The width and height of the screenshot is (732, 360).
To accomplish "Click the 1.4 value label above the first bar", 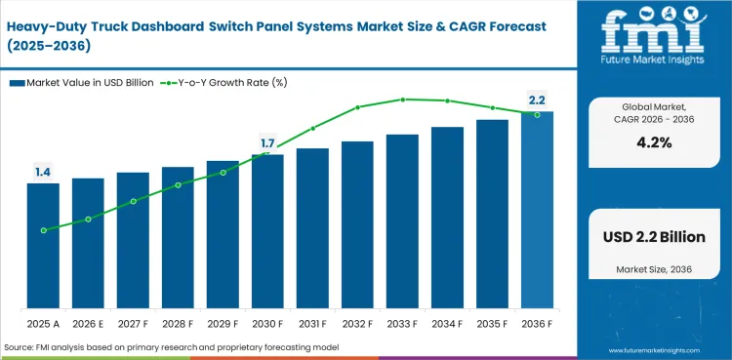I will (43, 173).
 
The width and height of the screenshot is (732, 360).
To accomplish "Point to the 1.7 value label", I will (267, 143).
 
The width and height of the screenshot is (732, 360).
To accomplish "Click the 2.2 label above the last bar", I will (537, 100).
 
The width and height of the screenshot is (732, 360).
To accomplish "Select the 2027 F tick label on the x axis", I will (133, 323).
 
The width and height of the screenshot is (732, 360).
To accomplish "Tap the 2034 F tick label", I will (447, 323).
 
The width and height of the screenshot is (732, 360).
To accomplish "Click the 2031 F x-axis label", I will (312, 323).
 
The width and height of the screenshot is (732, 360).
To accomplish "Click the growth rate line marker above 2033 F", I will (402, 100).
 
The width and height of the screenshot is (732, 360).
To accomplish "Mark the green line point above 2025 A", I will (43, 230).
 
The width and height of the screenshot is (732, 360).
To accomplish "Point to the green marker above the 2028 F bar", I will (178, 184).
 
